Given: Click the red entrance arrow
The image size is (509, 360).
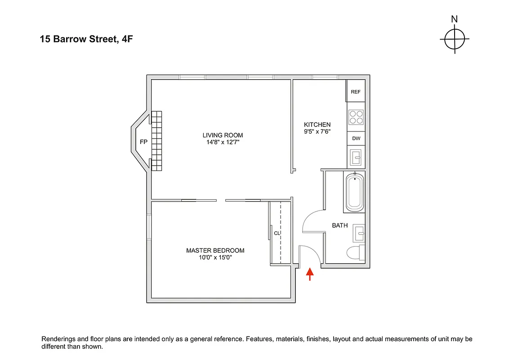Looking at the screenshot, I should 310,274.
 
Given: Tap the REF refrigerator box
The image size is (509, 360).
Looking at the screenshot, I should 356,92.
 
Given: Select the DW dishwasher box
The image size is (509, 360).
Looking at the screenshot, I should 356,139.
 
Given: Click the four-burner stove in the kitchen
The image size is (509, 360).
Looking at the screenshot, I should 356,117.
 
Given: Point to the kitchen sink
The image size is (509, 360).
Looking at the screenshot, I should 356,157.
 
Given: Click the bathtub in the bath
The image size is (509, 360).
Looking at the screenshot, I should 355,193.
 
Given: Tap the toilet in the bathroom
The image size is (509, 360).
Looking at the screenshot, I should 357,253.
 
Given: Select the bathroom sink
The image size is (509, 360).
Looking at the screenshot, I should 359,233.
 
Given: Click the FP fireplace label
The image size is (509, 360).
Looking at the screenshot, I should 143,142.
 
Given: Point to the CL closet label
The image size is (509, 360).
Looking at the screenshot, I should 277,233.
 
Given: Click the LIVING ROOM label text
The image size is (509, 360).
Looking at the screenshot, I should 223,135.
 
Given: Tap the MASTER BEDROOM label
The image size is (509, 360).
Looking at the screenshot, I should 215,251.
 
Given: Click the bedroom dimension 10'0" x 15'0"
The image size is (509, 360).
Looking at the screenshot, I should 215,258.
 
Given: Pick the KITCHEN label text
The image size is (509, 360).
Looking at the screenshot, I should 317,125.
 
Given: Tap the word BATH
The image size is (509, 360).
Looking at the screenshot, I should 339,225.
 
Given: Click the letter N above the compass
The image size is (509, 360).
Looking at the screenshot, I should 455,19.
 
